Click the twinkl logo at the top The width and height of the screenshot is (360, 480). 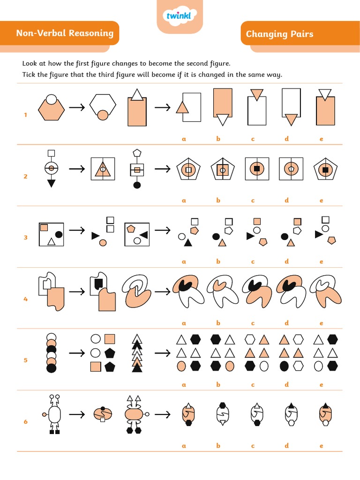tap(180, 17)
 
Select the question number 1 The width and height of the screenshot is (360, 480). tap(26, 114)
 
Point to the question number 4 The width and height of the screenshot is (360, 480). tap(26, 299)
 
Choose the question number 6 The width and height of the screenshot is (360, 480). tap(26, 422)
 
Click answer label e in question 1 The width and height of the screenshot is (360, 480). tap(322, 139)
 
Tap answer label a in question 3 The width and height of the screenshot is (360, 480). tap(184, 262)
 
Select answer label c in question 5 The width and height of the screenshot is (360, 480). tap(253, 384)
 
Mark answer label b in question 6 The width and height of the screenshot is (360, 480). tap(218, 446)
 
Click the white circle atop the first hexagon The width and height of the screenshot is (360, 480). tap(52, 99)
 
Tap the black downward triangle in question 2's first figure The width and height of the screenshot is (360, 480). tap(52, 183)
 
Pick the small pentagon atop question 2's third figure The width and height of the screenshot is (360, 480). tap(137, 153)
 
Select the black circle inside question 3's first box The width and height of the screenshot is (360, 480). tap(59, 234)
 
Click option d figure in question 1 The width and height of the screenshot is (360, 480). tap(291, 107)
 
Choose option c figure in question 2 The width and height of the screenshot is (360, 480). tap(256, 168)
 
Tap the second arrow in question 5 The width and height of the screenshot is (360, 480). tap(162, 352)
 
